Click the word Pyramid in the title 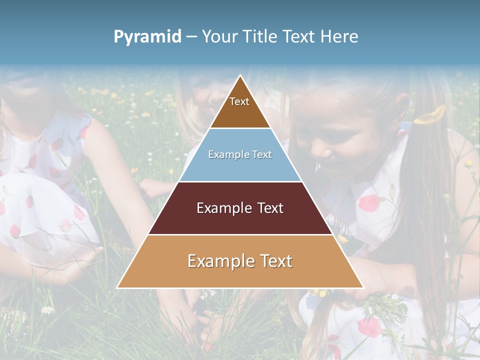click(x=147, y=36)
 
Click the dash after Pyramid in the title click(x=191, y=36)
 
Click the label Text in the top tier click(x=239, y=101)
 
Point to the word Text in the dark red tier click(x=270, y=208)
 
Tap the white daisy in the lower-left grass click(x=47, y=310)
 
